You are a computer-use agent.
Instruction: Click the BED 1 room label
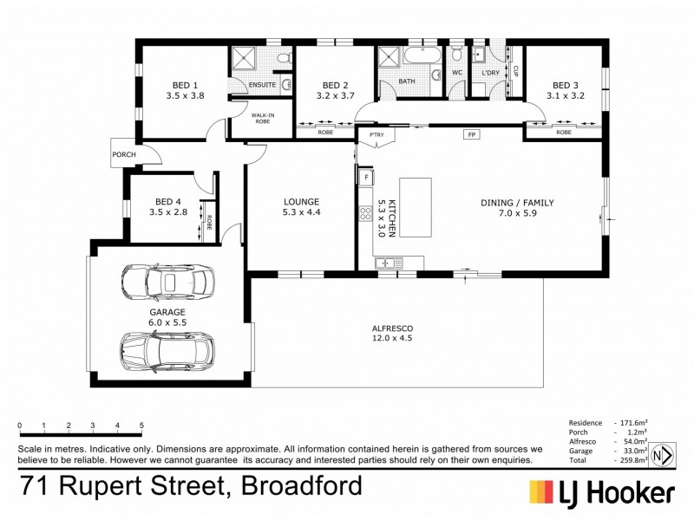184,84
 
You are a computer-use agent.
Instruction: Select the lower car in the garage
166,349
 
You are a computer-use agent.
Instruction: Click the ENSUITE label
263,85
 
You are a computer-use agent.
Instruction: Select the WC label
456,73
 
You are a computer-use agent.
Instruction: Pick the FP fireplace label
472,135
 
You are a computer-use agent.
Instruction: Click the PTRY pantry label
376,135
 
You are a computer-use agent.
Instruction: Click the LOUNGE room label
301,203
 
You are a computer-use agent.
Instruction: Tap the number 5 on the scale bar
141,426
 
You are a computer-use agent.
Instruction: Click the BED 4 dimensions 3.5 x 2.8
168,211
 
